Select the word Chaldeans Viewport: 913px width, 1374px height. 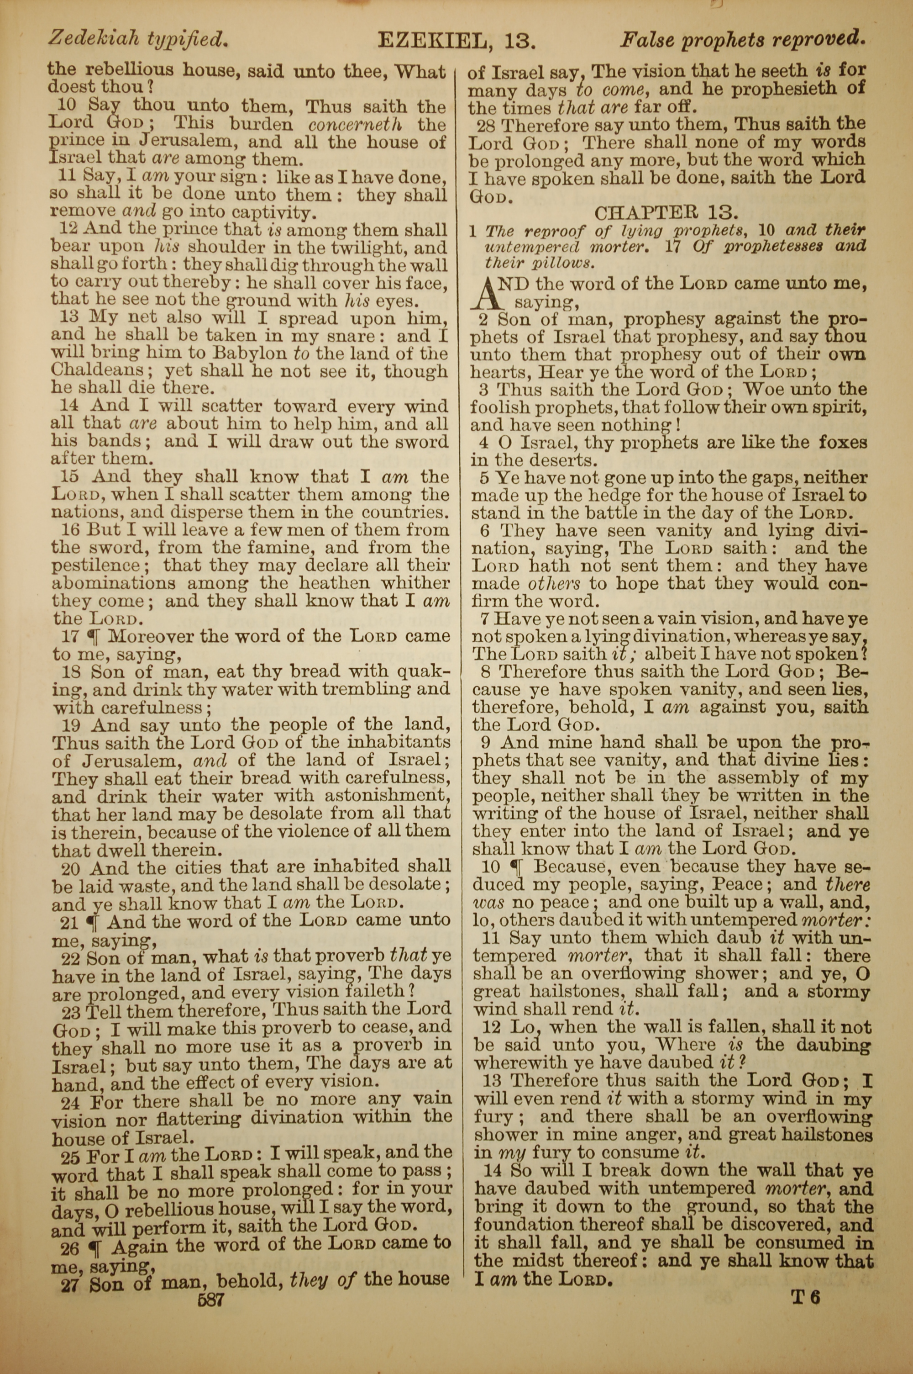coord(98,370)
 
